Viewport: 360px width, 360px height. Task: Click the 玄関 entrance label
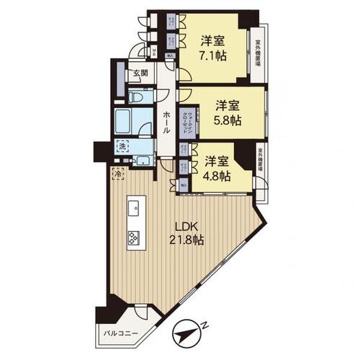(139, 73)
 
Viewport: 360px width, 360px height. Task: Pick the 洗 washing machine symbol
(123, 145)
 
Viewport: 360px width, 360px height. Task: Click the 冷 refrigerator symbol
(117, 173)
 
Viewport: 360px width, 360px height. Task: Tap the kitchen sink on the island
(135, 208)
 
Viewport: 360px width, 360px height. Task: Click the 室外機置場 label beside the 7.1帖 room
(257, 53)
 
